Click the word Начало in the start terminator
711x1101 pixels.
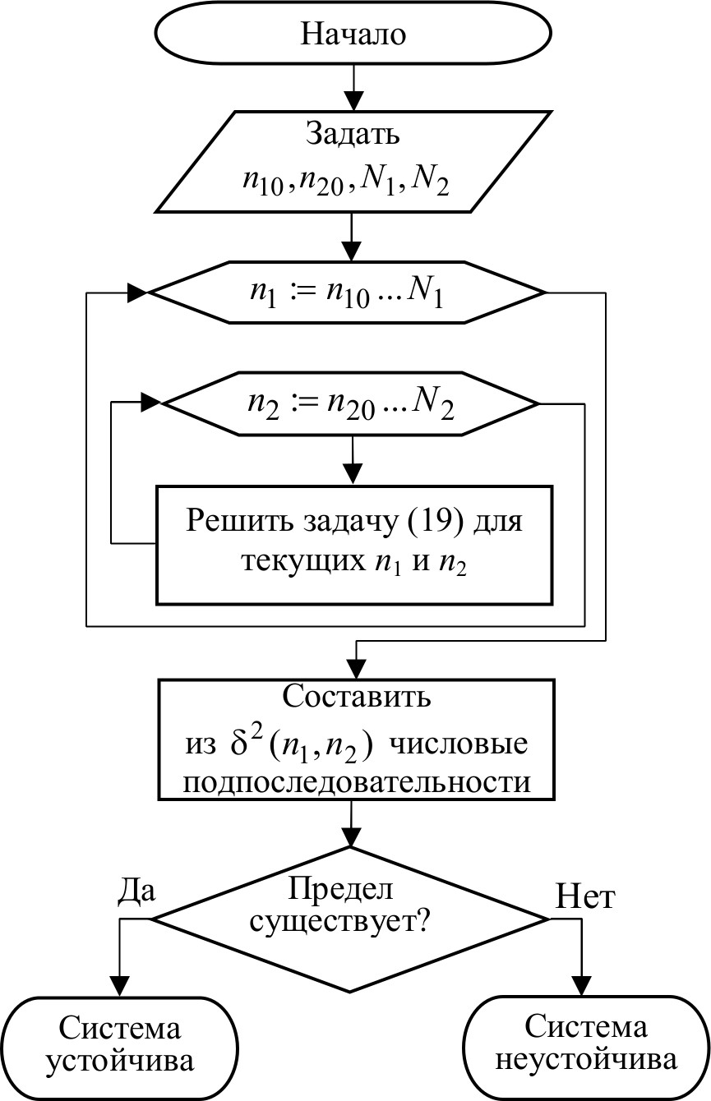click(354, 35)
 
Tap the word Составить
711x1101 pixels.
click(355, 697)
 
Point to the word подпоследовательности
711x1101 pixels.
click(355, 781)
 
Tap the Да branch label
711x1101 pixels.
click(137, 891)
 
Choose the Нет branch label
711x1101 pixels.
click(585, 897)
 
